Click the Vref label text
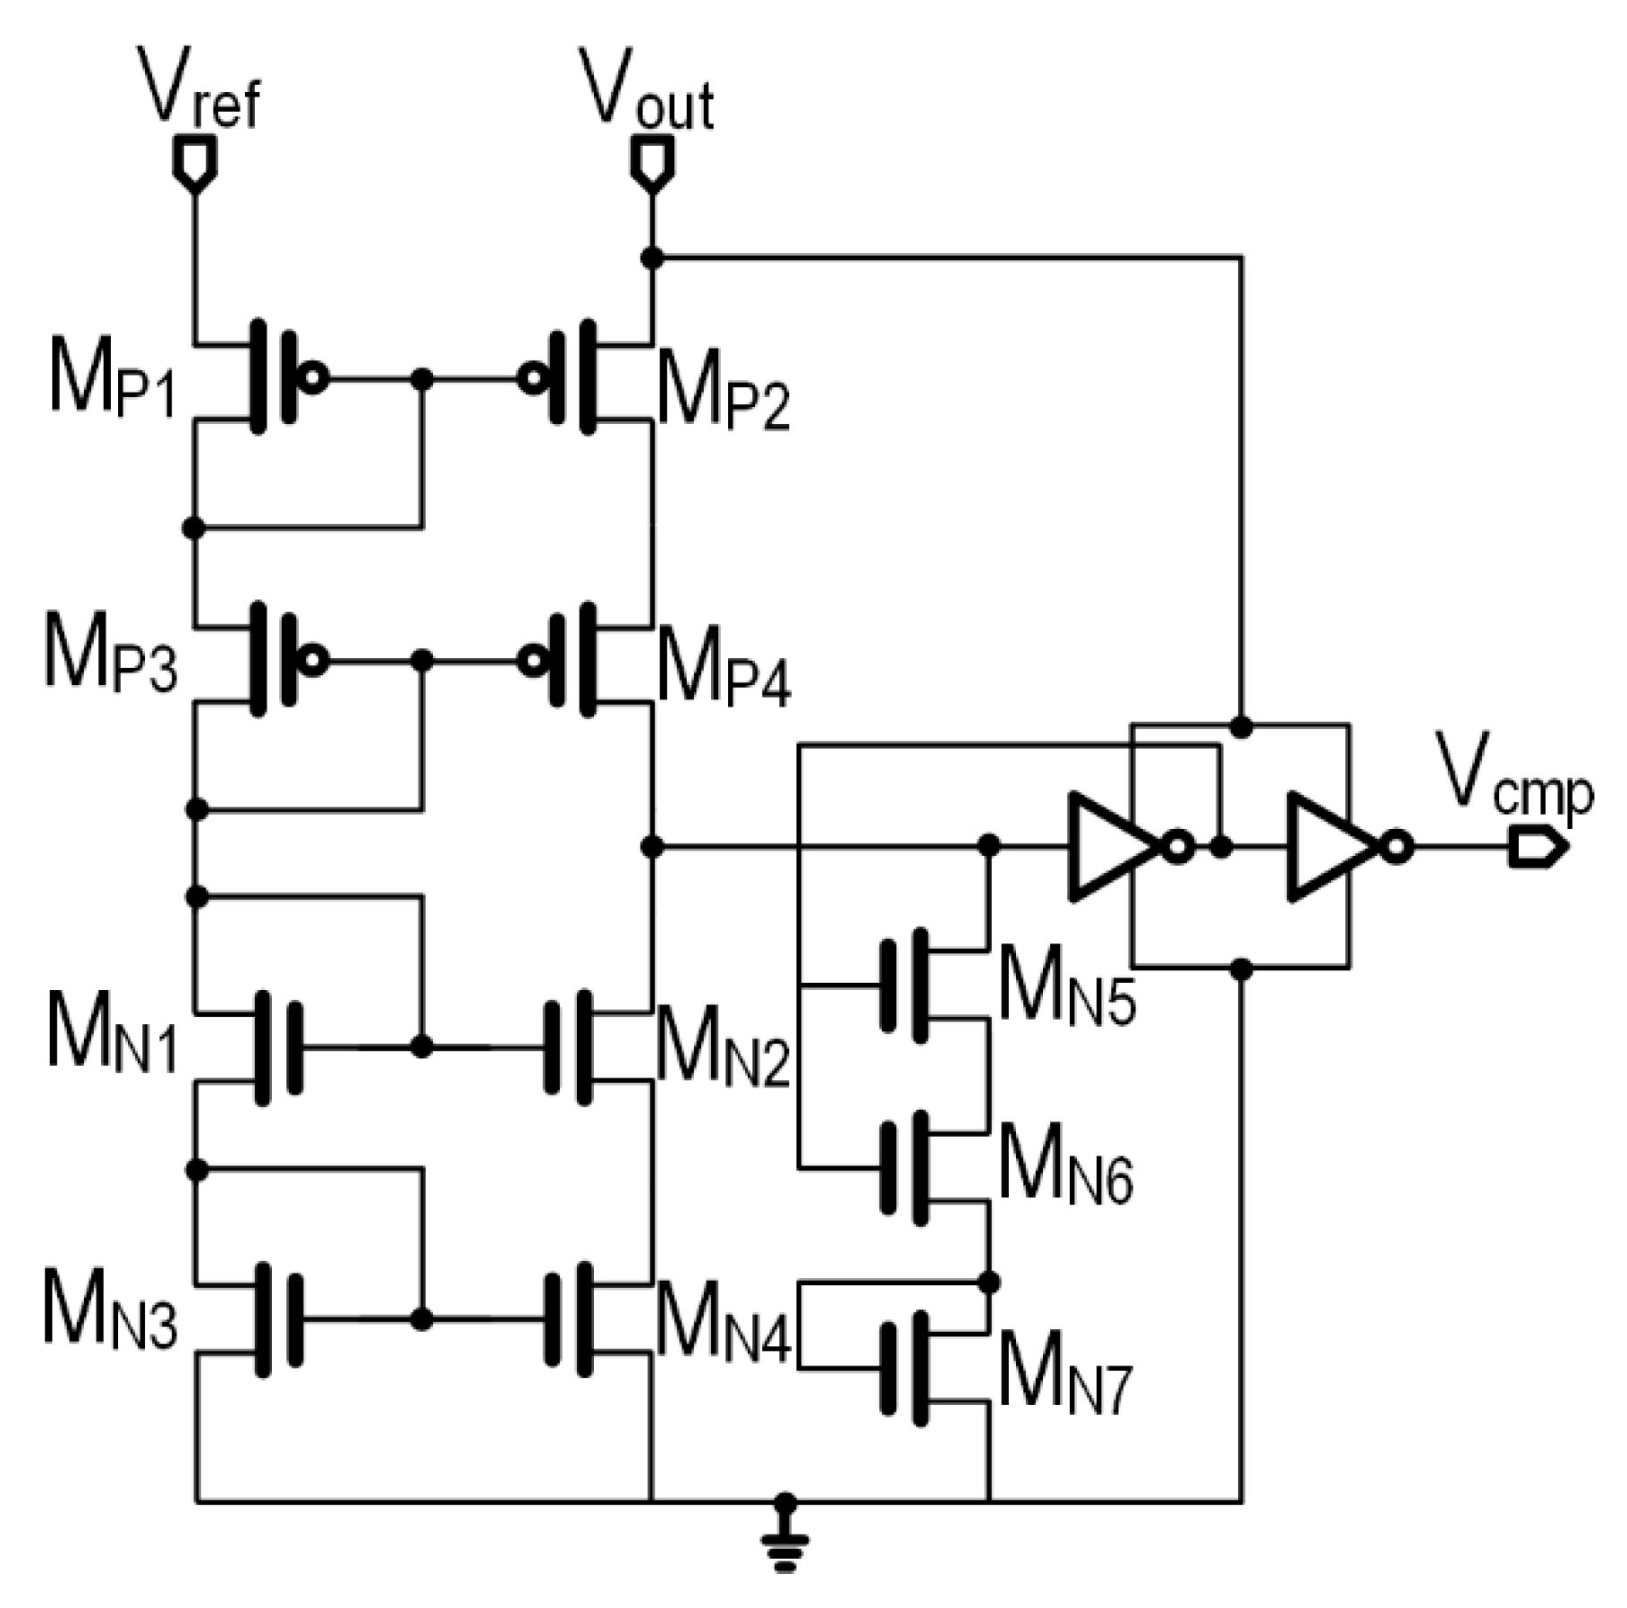pos(199,90)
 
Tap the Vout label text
pos(647,90)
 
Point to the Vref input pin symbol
pos(194,162)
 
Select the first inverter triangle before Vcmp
pos(1109,846)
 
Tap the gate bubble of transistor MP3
pos(313,661)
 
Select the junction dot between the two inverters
pos(1220,846)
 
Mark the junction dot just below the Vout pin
pos(652,258)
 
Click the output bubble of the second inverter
pos(1396,846)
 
